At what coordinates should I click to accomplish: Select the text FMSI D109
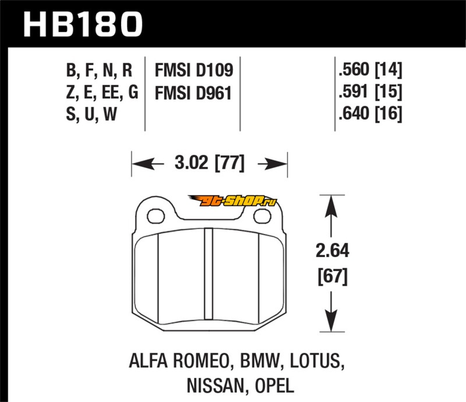coord(193,72)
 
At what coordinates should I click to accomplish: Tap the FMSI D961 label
coord(193,93)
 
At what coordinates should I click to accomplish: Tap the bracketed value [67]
coord(330,276)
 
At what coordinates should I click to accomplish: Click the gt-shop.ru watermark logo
coord(239,202)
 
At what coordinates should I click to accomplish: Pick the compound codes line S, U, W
coord(93,114)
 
